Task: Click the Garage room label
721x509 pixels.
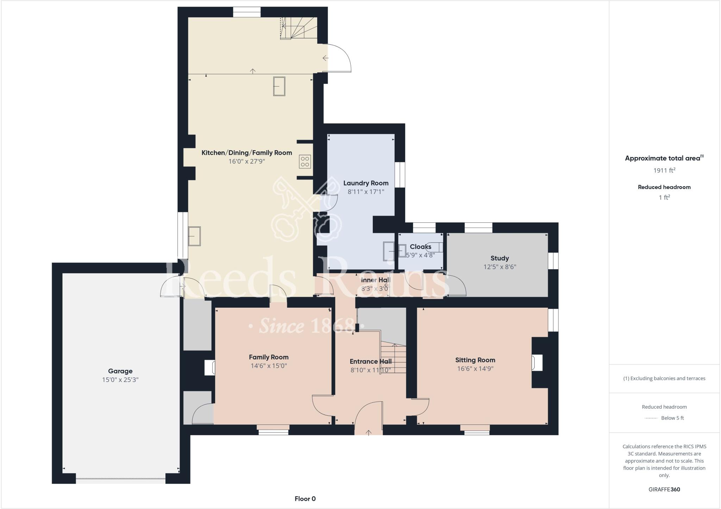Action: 120,371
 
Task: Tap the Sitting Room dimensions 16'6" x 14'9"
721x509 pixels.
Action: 475,369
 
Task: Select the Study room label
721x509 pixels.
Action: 499,258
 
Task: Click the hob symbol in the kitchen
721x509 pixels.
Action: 305,162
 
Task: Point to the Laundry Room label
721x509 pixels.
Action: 366,183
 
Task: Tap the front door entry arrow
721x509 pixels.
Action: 369,433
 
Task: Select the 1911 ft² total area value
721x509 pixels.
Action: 664,170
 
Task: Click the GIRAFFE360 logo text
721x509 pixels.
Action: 664,489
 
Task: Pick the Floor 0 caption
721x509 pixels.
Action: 305,499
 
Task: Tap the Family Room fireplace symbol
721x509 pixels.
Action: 210,367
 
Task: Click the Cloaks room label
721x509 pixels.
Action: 420,247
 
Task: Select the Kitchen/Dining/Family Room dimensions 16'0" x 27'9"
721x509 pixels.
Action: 246,162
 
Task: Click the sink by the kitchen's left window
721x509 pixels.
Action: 194,236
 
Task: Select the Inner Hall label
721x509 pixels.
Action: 376,280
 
